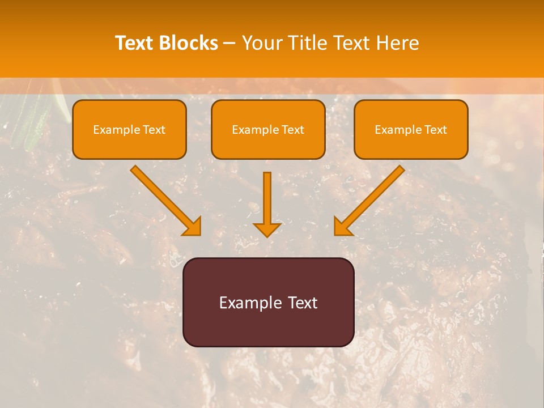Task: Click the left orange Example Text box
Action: (129, 130)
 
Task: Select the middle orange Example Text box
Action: (268, 130)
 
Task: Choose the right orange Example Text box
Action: (411, 130)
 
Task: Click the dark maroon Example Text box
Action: (268, 302)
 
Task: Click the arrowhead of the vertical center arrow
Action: (267, 229)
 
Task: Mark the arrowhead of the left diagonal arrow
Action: (192, 227)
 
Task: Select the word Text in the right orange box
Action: (436, 130)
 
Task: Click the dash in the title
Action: (229, 44)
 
